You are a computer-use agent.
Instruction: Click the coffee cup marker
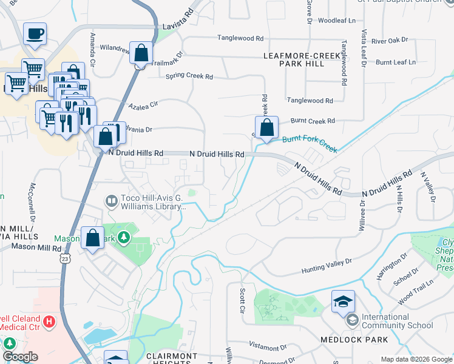tap(35, 33)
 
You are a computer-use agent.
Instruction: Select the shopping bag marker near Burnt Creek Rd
tap(266, 128)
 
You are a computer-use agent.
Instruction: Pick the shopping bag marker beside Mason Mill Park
tap(93, 238)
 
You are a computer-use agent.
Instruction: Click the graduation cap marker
tap(343, 300)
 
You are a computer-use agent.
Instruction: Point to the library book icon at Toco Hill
tap(112, 200)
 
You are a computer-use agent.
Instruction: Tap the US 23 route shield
tap(66, 258)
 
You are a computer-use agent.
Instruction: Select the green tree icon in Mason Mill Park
tap(124, 236)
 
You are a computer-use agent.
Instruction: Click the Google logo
tap(20, 357)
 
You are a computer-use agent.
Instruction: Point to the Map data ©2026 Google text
tap(416, 359)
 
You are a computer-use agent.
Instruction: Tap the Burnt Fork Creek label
tap(310, 143)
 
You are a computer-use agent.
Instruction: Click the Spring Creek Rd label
tap(189, 77)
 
